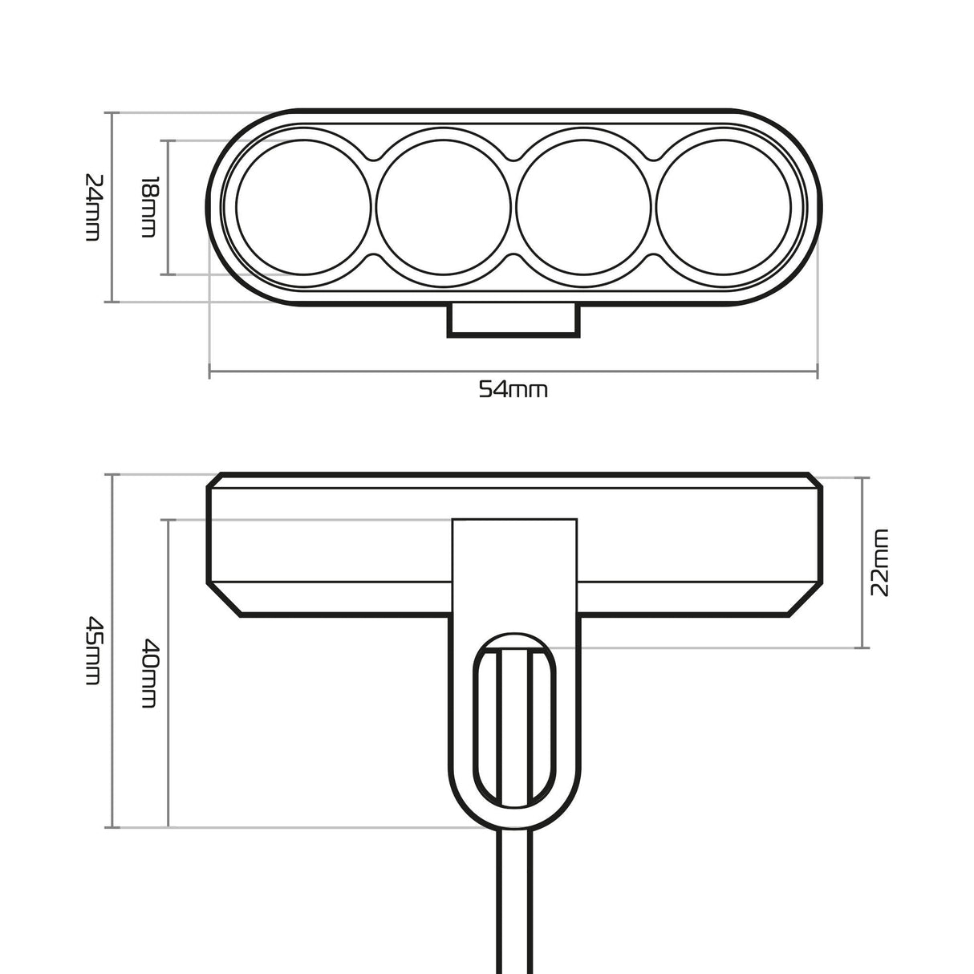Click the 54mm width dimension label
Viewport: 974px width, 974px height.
(x=513, y=391)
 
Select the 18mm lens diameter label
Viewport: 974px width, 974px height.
(x=149, y=207)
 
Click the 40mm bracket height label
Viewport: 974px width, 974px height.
(x=149, y=672)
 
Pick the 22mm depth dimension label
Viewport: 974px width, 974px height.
(x=880, y=562)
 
